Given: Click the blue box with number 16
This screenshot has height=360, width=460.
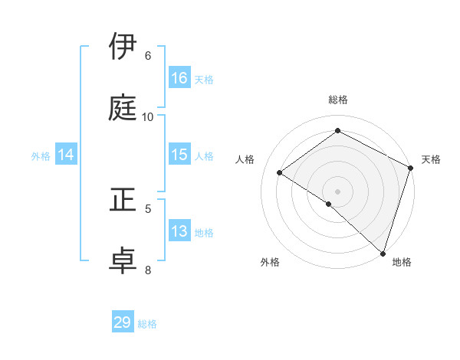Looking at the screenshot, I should click(x=179, y=78).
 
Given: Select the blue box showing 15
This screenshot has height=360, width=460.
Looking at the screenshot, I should click(x=179, y=155).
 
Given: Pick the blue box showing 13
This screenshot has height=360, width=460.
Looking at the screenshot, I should click(x=179, y=231).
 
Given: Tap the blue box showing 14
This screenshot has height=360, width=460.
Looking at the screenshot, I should click(x=66, y=155).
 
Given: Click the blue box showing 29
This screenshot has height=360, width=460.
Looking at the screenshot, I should click(x=123, y=322).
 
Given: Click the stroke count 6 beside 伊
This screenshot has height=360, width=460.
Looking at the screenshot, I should click(x=147, y=56).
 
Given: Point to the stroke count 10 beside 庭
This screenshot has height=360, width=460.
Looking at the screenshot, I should click(x=148, y=116).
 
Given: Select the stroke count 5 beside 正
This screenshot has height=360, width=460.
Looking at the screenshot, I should click(x=148, y=208).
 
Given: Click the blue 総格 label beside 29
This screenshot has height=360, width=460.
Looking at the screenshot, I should click(x=148, y=324).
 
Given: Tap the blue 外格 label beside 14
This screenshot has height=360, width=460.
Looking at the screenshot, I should click(x=41, y=155).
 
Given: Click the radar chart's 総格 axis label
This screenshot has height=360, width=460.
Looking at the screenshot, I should click(x=338, y=100).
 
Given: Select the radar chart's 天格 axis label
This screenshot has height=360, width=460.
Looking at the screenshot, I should click(x=431, y=159).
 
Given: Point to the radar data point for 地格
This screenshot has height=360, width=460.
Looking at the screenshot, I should click(x=383, y=253).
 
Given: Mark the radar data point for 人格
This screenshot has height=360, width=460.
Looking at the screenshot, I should click(x=280, y=172).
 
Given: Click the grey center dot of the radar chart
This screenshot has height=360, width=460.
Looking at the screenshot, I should click(x=338, y=191).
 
